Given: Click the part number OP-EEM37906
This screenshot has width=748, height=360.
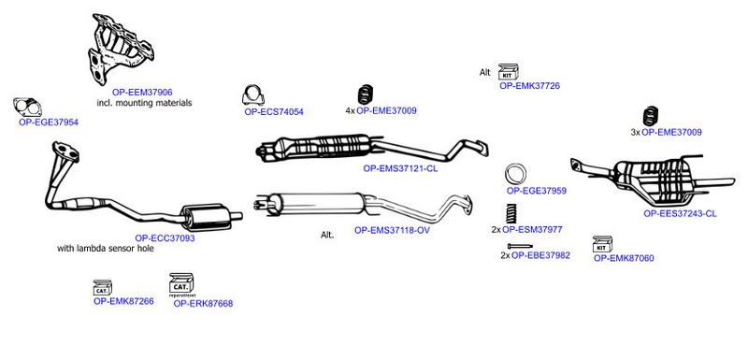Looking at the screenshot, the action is pos(142,92).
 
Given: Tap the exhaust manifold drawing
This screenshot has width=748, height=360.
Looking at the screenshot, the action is pos(122,49).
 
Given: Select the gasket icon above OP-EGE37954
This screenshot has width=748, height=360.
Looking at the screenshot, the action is pos(28,108).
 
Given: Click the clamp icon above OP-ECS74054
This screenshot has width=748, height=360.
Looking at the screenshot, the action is pos(252,95).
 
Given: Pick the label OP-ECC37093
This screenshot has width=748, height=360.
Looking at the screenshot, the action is pos(165,238).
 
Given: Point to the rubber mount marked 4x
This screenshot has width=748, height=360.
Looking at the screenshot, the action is pos(366,94).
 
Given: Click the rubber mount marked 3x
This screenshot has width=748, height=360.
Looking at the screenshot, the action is pos(651,116).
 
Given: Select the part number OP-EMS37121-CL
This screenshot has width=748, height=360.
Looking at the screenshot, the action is pos(400,168).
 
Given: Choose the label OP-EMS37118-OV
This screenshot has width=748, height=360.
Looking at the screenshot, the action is pos(392,230).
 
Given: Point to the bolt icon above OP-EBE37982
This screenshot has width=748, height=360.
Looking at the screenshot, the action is pos(520,246).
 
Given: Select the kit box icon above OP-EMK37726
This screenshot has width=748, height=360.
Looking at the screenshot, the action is pos(509,71).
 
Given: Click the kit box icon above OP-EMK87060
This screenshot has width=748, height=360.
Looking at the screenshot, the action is pos(602,244).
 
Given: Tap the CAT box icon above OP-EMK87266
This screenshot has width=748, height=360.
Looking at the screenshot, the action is pos(103,287).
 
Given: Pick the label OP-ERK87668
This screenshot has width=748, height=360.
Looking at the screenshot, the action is pos(203,303).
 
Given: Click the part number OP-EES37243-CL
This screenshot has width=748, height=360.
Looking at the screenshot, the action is pos(680,213).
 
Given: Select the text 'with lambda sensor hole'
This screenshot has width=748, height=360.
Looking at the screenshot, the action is pos(106,249).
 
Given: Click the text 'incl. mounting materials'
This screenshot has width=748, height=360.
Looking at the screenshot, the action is pos(144,103).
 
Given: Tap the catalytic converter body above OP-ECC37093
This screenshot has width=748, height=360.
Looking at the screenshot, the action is pos(204,218).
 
